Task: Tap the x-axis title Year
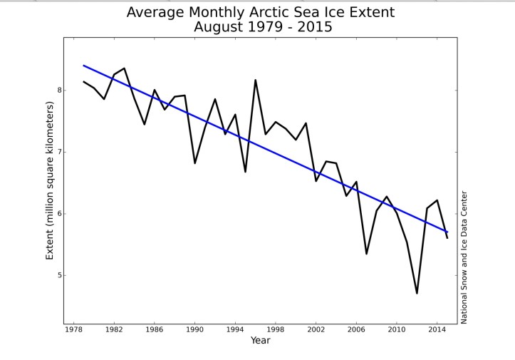tap(260, 341)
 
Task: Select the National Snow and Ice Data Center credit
tap(464, 257)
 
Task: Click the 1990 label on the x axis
tap(195, 329)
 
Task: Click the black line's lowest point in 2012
tap(417, 293)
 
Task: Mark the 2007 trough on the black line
tap(366, 254)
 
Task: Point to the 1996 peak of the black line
tap(256, 80)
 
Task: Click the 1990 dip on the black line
tap(195, 163)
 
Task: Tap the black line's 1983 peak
tap(125, 68)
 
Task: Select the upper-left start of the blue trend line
tap(84, 66)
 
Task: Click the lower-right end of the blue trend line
tap(447, 232)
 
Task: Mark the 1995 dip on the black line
tap(245, 172)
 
